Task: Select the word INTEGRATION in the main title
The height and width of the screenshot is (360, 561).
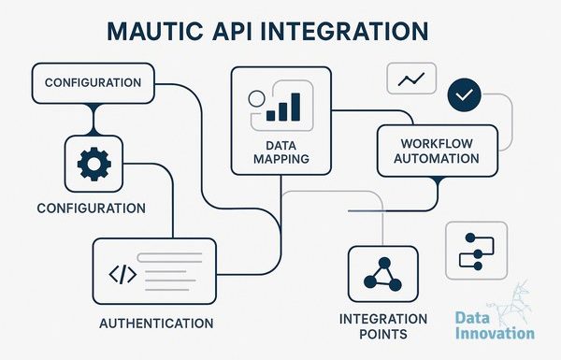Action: coord(344,31)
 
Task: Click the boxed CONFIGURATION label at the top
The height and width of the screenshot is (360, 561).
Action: coord(93,83)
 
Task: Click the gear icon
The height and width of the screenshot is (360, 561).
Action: coord(94,164)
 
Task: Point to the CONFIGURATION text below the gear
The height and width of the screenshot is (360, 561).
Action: coord(92,209)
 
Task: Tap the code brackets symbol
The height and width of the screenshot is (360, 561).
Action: coord(122,275)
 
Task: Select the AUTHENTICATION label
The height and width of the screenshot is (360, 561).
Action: coord(156,324)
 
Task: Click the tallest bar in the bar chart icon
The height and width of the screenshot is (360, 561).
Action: coord(295,107)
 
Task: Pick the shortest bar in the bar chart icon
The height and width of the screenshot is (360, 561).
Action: coord(271,116)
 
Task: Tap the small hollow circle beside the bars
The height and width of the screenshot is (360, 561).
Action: coord(256,99)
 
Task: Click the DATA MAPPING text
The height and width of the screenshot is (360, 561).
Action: coord(281,152)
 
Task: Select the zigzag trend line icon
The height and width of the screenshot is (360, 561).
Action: coord(411,79)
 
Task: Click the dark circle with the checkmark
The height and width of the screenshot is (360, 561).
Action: coord(465,94)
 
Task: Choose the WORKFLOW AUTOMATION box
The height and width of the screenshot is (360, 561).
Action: coord(438,151)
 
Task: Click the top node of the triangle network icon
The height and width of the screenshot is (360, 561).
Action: coord(384,263)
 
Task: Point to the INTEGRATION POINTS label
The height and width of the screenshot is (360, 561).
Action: coord(383,326)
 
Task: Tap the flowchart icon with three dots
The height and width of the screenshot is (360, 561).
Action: coord(477,252)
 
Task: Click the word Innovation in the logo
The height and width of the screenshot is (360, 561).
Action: coord(495,334)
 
